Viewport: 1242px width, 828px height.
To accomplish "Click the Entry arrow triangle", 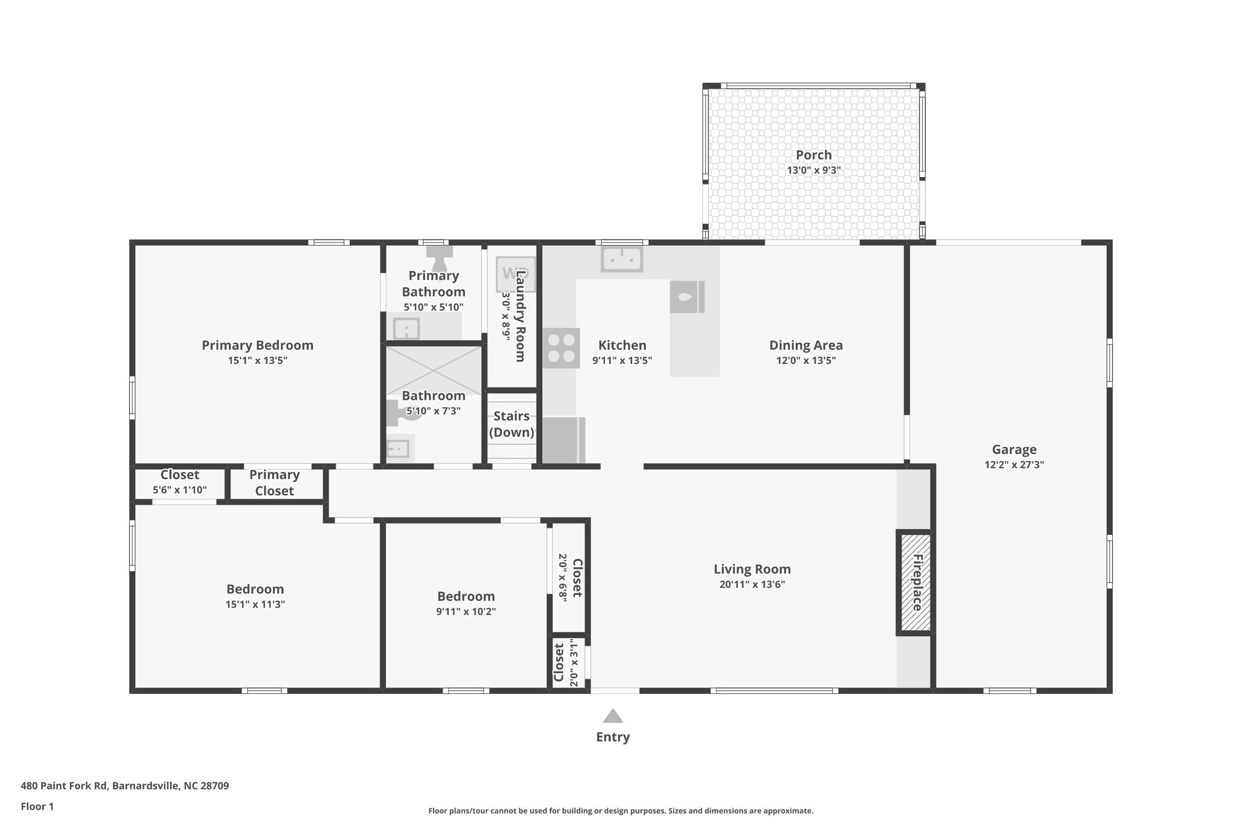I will click(x=613, y=716).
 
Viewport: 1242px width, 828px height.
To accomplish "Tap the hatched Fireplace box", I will click(x=915, y=582).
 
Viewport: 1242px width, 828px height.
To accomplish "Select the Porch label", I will click(x=813, y=155).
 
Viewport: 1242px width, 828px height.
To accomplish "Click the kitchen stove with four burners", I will click(x=561, y=348).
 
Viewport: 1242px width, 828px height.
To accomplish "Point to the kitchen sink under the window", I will click(x=622, y=260).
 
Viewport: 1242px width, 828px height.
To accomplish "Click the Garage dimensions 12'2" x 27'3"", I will click(x=1014, y=465).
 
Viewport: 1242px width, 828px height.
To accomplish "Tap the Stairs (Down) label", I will click(x=511, y=424).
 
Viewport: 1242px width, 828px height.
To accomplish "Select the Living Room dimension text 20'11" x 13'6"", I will click(x=752, y=585).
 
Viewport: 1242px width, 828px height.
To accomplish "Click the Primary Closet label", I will click(x=274, y=483).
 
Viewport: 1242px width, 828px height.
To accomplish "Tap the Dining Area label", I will click(x=805, y=345).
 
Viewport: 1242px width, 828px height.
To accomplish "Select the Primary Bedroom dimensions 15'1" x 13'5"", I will click(x=257, y=360).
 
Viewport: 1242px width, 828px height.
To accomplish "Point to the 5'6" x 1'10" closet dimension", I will click(x=180, y=490).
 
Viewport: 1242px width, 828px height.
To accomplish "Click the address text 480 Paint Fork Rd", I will click(x=124, y=786).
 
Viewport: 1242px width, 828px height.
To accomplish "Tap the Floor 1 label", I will click(x=37, y=806).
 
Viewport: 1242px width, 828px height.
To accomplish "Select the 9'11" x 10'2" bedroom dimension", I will click(x=466, y=611).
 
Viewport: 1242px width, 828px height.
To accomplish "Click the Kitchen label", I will click(x=622, y=345).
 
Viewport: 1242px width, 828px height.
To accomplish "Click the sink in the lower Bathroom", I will click(x=399, y=449).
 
